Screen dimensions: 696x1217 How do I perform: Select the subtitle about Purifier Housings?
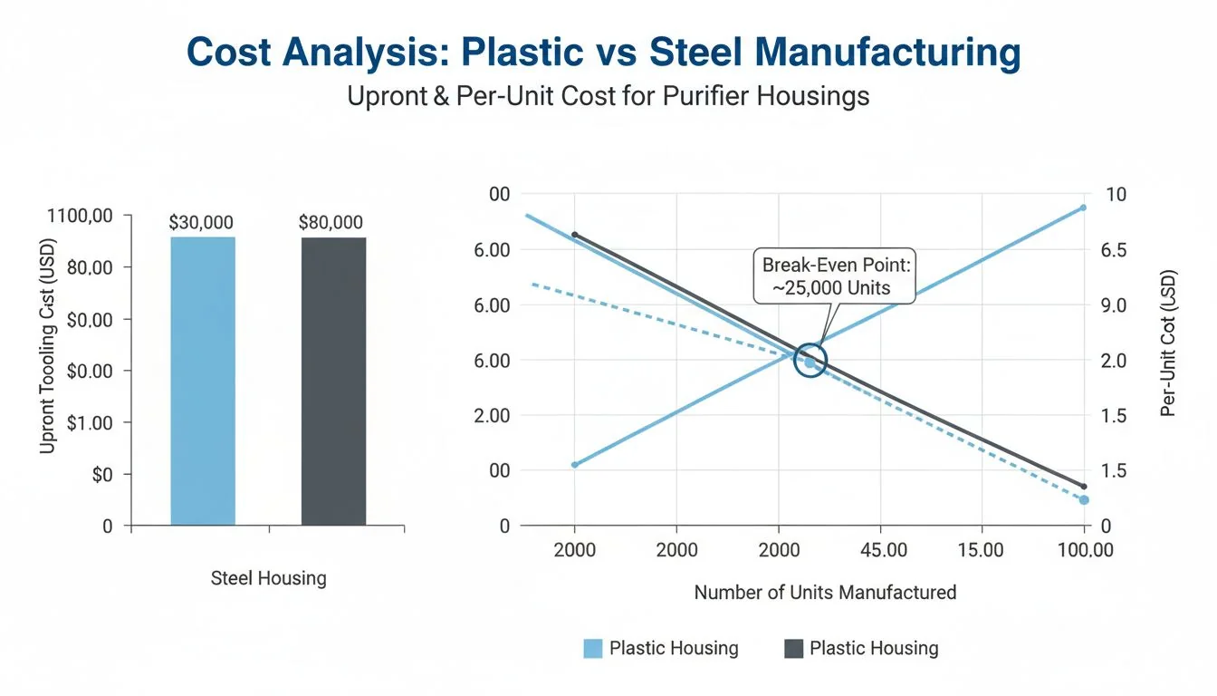(608, 96)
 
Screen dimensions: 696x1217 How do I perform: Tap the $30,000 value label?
(201, 222)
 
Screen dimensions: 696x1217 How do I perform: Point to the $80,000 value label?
(331, 222)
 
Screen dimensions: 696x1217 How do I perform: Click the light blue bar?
(203, 381)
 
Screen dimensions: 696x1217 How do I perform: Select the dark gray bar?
(333, 381)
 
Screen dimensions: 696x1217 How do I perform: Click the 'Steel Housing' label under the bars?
(268, 578)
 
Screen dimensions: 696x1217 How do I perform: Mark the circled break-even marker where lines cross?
(810, 361)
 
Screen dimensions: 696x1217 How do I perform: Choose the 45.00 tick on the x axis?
(883, 550)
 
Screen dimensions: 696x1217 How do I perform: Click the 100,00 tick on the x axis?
(1084, 550)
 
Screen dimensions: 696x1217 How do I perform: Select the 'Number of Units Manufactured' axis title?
(825, 593)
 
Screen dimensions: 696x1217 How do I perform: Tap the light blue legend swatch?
(593, 648)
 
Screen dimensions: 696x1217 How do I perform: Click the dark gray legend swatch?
(793, 648)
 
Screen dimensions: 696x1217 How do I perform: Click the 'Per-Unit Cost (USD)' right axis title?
(1167, 343)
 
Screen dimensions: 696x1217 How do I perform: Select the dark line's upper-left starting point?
(574, 235)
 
